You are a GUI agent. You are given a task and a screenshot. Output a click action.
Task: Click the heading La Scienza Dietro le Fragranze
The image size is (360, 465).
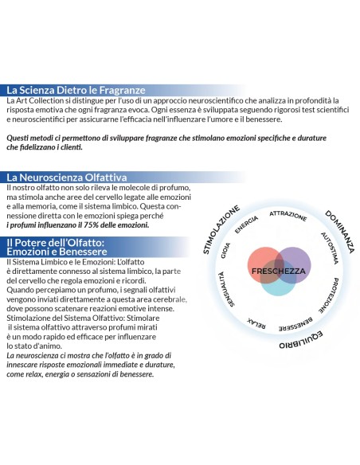pos(76,90)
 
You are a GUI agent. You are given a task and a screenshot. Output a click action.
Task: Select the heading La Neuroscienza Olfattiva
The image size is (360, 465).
pos(67,177)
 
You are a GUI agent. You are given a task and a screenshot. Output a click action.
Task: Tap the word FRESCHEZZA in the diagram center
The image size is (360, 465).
pos(279,271)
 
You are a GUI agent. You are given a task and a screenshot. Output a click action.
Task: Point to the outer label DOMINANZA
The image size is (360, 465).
pos(340,232)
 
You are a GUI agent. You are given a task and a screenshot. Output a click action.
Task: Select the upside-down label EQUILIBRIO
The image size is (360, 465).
pos(301,340)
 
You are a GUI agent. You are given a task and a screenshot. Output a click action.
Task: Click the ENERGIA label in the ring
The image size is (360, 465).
pos(246,225)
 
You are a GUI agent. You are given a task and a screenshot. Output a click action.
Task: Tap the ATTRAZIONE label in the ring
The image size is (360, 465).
pos(288,216)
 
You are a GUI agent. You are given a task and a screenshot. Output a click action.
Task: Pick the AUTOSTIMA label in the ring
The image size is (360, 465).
pos(330,248)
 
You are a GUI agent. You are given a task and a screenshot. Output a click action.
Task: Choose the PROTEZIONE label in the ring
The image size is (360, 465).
pos(329,295)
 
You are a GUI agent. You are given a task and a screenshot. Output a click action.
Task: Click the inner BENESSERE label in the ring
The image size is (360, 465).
pos(295,324)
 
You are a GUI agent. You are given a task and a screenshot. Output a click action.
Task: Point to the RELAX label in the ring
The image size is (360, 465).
pos(256,323)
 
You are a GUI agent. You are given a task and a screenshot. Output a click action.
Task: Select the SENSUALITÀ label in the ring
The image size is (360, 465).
pos(225,289)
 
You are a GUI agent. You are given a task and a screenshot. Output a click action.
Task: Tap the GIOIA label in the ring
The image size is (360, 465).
pos(225,251)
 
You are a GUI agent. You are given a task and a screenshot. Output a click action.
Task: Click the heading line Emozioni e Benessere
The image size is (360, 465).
pos(57,252)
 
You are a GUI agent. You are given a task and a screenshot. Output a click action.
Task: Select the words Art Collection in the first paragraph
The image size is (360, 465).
pos(40,100)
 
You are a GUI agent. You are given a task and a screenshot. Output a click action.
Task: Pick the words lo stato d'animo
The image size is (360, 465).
pos(34,346)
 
